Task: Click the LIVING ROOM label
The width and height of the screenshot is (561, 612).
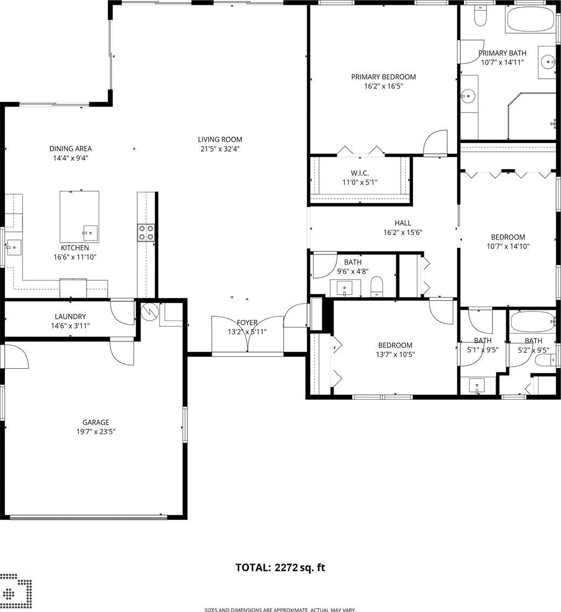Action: click(220, 139)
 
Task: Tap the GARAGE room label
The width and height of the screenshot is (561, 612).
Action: click(95, 422)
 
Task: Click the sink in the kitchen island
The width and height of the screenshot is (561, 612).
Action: click(90, 233)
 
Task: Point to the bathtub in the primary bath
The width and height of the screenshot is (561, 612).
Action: click(530, 19)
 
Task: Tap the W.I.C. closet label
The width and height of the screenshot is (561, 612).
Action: click(359, 173)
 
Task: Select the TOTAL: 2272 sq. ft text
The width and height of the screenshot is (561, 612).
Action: click(280, 568)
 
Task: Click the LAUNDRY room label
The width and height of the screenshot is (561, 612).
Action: click(70, 317)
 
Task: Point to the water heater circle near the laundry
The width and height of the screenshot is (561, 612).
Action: click(149, 311)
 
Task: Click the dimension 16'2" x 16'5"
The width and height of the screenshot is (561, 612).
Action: click(383, 86)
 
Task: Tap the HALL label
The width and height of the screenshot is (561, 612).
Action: click(403, 223)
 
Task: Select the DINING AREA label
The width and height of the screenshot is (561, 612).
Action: click(70, 148)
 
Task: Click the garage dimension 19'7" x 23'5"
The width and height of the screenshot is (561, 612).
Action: click(95, 432)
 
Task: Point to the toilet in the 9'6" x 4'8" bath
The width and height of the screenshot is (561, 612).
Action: click(377, 286)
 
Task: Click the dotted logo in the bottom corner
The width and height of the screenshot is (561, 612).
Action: click(16, 589)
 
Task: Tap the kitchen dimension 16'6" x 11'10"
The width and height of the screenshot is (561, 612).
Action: click(75, 257)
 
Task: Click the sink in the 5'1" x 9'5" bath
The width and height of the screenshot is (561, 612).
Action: click(477, 386)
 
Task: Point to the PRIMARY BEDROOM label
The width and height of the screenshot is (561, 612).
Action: click(383, 77)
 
